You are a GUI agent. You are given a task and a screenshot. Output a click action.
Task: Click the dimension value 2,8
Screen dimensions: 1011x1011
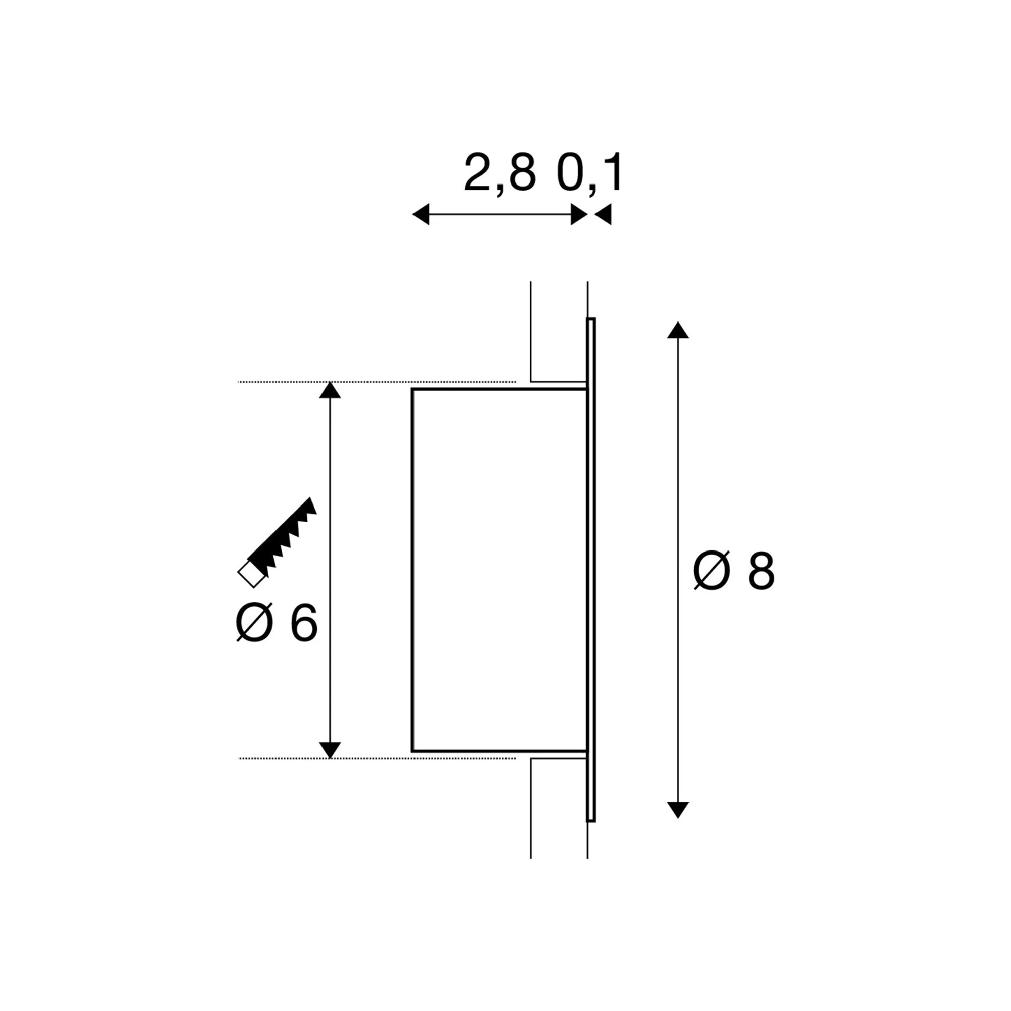tap(499, 173)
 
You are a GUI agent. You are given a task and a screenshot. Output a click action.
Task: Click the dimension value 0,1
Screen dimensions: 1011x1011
tap(589, 173)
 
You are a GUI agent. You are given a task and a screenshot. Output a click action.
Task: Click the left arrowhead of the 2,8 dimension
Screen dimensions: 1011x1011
tap(421, 214)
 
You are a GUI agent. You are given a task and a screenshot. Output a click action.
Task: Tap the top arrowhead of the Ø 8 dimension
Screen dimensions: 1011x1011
tap(678, 331)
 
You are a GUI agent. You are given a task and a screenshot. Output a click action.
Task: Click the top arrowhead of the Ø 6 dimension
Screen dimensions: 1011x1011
tap(330, 391)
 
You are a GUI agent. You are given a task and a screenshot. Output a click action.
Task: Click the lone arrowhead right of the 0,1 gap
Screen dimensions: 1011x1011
tap(604, 214)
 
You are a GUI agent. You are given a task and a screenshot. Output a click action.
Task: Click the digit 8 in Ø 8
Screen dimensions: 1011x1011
tap(760, 571)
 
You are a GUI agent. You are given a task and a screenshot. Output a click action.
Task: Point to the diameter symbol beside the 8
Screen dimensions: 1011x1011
tap(711, 571)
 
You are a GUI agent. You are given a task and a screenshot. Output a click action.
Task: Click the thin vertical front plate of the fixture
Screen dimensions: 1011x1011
tap(591, 570)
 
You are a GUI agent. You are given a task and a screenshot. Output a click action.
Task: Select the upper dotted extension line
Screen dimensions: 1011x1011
tap(377, 382)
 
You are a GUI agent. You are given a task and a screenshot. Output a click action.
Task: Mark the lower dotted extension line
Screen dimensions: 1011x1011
tap(377, 758)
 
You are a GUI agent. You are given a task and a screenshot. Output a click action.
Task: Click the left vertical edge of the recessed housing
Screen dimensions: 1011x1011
tap(412, 570)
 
